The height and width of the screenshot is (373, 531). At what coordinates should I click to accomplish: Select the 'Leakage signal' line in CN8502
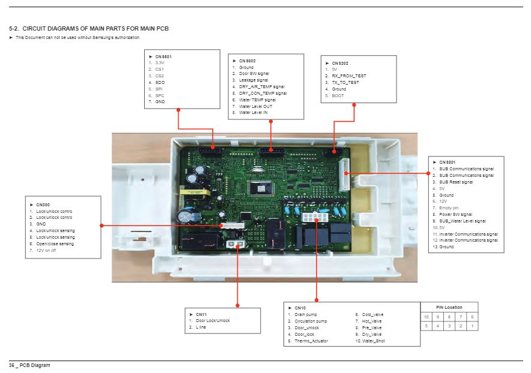tap(253, 80)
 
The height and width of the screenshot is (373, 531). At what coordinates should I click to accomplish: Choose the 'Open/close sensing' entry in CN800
tap(55, 243)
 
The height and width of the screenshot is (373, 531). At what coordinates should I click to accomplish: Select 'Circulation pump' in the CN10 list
tap(311, 321)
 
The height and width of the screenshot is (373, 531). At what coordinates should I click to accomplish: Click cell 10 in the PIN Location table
tap(426, 317)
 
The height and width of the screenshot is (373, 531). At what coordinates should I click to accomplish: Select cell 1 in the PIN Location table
tap(472, 326)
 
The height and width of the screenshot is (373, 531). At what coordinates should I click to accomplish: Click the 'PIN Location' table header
tap(449, 307)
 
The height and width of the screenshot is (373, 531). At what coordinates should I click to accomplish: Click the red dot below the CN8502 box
tap(272, 121)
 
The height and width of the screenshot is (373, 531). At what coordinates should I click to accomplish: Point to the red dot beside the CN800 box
tap(102, 225)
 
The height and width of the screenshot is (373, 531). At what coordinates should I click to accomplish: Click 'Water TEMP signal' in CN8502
tap(257, 100)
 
